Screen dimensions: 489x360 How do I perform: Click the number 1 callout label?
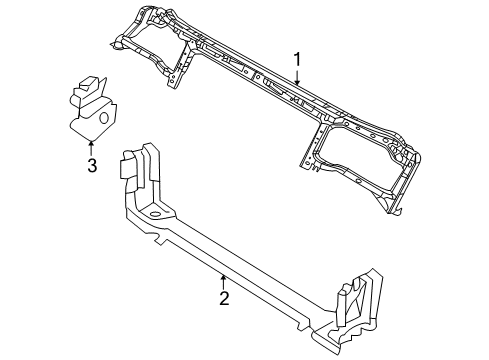click(297, 60)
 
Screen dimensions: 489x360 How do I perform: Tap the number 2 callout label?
click(225, 297)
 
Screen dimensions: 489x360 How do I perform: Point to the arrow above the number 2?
click(225, 279)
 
